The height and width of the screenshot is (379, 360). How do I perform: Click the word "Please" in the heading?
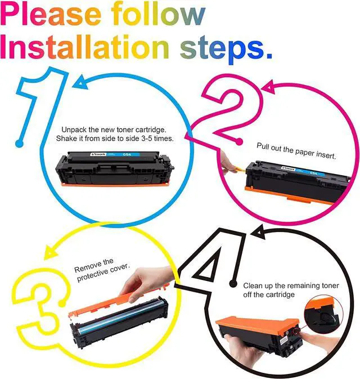click(51, 15)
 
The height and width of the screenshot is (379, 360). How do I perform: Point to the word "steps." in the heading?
click(226, 50)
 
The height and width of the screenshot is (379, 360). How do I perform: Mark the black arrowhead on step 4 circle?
click(258, 231)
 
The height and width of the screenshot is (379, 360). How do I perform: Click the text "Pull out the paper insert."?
click(296, 150)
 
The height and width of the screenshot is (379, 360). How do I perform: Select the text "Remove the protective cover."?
click(101, 270)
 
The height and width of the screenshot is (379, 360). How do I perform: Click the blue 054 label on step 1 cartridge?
click(127, 154)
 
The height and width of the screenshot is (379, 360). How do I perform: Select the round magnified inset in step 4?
click(323, 313)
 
